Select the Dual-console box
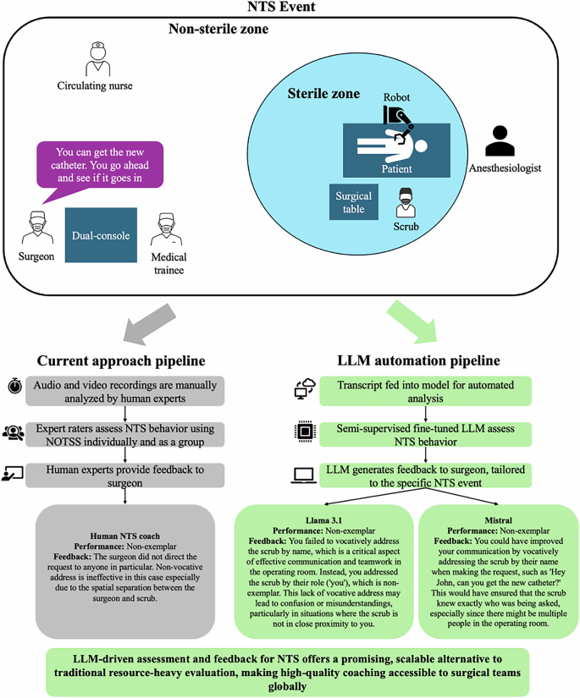101,235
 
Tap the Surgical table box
353,202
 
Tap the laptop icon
302,476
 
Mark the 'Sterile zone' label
323,93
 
